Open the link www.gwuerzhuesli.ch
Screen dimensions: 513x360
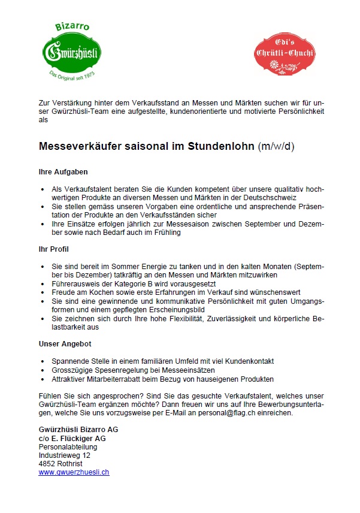(x=74, y=472)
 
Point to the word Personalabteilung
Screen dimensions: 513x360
(x=68, y=447)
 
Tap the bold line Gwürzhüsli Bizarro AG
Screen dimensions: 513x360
(x=78, y=430)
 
